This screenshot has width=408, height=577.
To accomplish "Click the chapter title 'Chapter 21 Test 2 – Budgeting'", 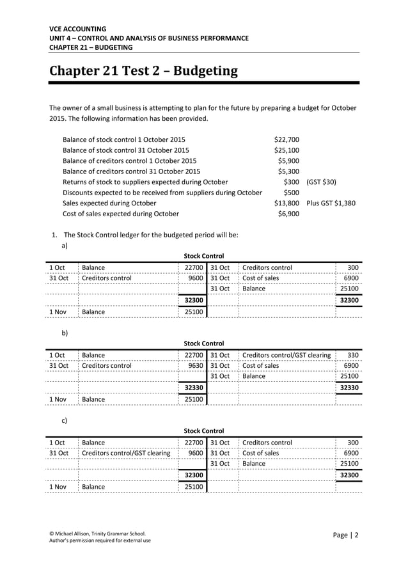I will [144, 70].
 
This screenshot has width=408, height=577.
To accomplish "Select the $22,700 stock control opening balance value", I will [286, 139].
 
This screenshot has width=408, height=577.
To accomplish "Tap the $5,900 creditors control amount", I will [288, 161].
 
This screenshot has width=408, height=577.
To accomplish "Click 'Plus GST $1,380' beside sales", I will [331, 203].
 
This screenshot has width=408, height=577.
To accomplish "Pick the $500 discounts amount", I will [291, 193].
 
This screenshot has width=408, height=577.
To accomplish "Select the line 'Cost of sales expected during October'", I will [121, 214].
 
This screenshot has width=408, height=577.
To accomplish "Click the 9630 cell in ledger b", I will [193, 366].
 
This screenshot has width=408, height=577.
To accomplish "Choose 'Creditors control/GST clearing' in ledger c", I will [126, 453].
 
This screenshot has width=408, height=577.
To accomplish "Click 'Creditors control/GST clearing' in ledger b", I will [286, 355].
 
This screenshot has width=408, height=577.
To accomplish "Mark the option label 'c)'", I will [65, 420].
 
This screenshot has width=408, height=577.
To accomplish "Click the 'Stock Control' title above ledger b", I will [204, 344].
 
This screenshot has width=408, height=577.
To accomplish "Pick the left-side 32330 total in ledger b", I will [194, 388].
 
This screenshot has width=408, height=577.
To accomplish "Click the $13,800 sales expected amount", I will [286, 203].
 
